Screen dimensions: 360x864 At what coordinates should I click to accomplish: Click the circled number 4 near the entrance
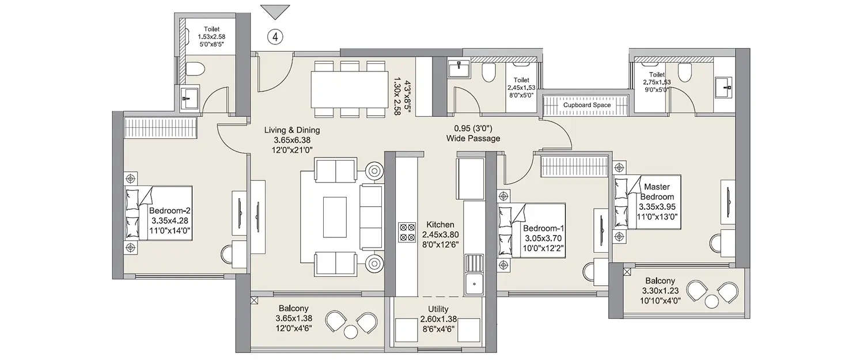point(275,37)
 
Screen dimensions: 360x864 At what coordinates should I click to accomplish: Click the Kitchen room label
point(440,225)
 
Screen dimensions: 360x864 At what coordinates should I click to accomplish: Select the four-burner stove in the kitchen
point(407,232)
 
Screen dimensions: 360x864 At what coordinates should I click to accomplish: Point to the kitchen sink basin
point(474,283)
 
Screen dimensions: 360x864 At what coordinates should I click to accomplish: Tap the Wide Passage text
point(473,139)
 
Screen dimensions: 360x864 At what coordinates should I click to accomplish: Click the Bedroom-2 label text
point(171,211)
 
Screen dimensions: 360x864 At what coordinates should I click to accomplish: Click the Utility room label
point(438,309)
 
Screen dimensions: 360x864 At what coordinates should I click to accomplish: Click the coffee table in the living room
point(335,210)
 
